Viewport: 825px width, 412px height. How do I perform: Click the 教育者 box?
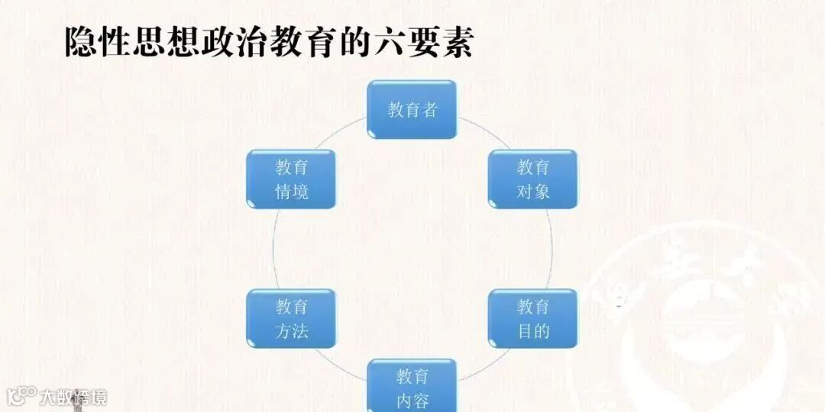coord(412,109)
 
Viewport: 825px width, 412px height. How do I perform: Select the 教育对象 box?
coord(532,179)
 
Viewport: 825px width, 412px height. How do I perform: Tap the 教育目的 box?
coord(532,318)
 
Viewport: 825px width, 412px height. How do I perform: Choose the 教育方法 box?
coord(291,318)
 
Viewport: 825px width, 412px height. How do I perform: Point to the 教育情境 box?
coord(291,179)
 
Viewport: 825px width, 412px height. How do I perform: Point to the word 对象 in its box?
coord(532,192)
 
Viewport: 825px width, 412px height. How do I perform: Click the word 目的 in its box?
coord(532,331)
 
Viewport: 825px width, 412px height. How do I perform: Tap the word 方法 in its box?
coord(291,331)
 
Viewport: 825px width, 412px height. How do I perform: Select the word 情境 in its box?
coord(291,192)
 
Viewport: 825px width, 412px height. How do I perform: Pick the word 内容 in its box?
coord(412,401)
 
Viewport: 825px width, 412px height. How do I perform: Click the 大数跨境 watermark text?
coord(73,397)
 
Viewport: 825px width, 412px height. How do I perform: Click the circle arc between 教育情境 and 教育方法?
coord(273,248)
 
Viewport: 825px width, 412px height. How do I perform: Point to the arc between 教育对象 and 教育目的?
coord(552,248)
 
